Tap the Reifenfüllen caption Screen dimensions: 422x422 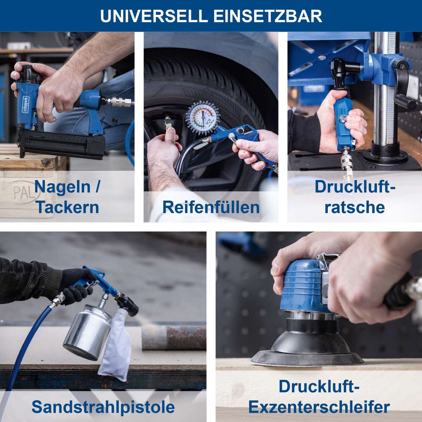coord(211,207)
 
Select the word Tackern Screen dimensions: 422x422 coord(67,207)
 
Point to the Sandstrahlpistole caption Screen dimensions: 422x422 coord(103,407)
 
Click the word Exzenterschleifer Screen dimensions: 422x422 coord(319,407)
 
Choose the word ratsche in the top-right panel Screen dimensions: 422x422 coord(354,207)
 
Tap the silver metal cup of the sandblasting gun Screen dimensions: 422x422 coord(86,331)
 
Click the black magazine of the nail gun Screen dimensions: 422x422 coord(62,144)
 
